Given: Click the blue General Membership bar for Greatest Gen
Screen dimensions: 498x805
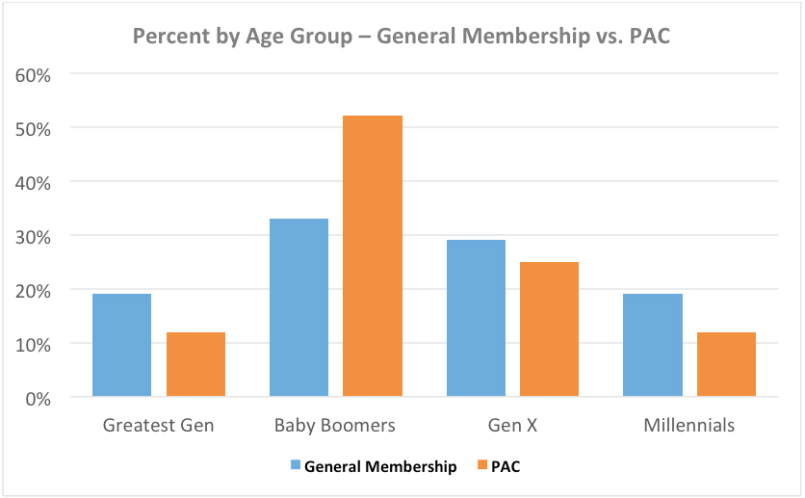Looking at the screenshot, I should (121, 345).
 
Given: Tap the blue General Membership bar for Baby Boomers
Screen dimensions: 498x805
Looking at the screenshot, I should (299, 307).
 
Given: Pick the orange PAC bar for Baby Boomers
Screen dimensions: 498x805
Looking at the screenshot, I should (373, 256).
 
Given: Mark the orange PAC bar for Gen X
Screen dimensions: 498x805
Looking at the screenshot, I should (549, 328).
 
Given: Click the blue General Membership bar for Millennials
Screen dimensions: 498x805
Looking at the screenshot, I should (653, 345).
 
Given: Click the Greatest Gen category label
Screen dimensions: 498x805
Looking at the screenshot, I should (158, 425).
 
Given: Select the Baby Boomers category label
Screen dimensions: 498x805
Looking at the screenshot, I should (335, 425).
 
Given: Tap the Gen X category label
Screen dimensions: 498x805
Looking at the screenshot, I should (512, 425).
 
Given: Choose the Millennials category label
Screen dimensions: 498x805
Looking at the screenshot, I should (689, 425).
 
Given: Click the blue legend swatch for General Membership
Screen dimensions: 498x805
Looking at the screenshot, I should (295, 466).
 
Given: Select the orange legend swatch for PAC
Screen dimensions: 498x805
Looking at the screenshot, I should (482, 466).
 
